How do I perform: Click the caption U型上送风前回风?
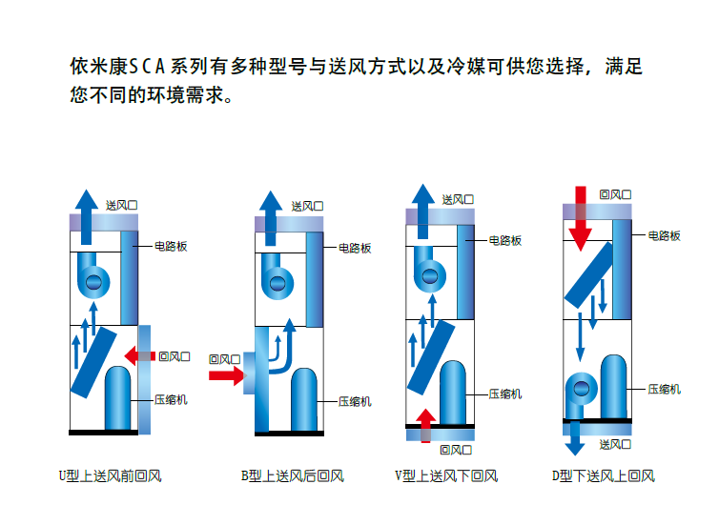tap(110, 475)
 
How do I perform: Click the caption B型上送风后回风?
tap(292, 475)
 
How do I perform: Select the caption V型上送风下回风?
tap(446, 475)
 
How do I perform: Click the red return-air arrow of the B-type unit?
tap(226, 375)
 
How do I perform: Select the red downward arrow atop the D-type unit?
tap(581, 219)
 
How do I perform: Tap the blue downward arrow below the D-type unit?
tap(575, 439)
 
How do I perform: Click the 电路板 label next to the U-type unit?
tap(171, 246)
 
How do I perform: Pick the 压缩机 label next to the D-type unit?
tap(665, 389)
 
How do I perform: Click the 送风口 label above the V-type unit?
tap(458, 200)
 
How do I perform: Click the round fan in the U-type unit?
tap(94, 280)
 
